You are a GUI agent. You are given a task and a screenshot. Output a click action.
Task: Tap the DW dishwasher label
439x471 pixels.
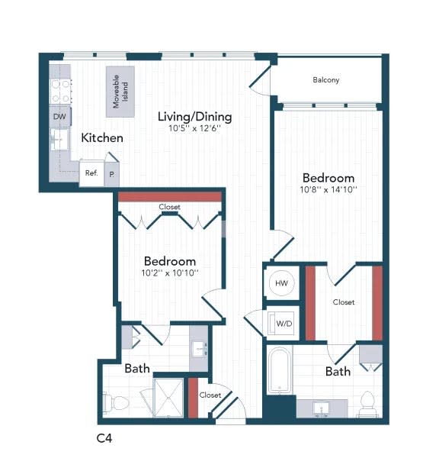[59, 117]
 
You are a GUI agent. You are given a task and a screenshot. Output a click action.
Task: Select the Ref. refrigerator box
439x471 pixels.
[91, 173]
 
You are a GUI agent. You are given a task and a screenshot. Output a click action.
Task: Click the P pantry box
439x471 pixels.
[112, 174]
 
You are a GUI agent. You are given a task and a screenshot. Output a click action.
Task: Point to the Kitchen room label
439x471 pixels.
[102, 138]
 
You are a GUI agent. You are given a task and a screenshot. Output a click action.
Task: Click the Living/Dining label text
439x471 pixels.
[194, 117]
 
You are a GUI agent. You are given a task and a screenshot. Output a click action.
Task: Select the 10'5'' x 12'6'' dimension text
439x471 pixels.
[194, 129]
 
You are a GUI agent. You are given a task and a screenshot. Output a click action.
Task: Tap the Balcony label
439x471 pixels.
[326, 80]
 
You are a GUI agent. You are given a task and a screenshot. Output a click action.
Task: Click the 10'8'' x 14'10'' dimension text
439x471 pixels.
[328, 189]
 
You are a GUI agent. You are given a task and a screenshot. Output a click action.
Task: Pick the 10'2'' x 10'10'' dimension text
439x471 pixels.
[169, 273]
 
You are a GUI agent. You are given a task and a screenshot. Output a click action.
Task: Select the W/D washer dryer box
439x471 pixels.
[284, 324]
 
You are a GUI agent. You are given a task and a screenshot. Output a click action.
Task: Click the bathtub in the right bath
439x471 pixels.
[279, 371]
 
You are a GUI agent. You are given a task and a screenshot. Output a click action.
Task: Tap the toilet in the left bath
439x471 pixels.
[112, 402]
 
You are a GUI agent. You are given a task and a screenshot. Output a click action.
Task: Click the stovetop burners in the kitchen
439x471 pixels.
[60, 92]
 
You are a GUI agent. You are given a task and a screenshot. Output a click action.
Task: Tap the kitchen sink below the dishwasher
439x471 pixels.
[59, 140]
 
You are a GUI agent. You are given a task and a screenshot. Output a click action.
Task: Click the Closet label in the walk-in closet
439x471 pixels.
[343, 302]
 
